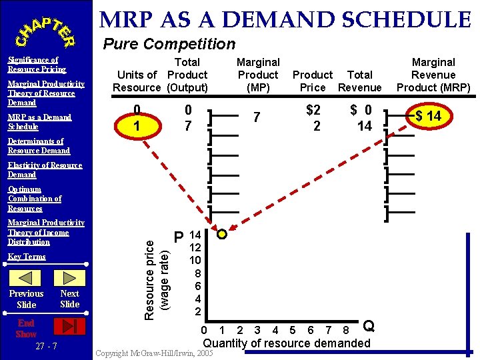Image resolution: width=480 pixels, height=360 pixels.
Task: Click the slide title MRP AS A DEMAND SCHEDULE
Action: pyautogui.click(x=285, y=20)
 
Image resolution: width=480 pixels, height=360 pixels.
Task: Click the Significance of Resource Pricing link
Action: pyautogui.click(x=37, y=65)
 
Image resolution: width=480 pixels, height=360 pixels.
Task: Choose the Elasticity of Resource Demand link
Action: pyautogui.click(x=45, y=170)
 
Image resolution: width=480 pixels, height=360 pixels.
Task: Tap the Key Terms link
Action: pyautogui.click(x=27, y=257)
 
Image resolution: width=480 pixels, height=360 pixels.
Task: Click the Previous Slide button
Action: pyautogui.click(x=27, y=299)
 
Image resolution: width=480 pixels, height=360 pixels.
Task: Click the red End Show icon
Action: pyautogui.click(x=69, y=326)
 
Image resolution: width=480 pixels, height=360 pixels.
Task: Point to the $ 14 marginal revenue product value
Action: pyautogui.click(x=428, y=117)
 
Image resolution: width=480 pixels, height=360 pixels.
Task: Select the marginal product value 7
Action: pyautogui.click(x=257, y=117)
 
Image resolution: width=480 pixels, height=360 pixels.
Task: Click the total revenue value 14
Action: pyautogui.click(x=365, y=126)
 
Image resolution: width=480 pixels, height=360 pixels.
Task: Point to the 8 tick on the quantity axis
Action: pyautogui.click(x=345, y=331)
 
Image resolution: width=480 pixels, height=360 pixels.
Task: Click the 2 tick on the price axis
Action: pyautogui.click(x=197, y=311)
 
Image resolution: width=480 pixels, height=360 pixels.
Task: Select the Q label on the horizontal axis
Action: pyautogui.click(x=368, y=326)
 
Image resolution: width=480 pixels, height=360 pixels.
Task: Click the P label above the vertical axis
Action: pyautogui.click(x=179, y=237)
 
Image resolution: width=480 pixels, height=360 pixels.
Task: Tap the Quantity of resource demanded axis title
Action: pyautogui.click(x=286, y=343)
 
